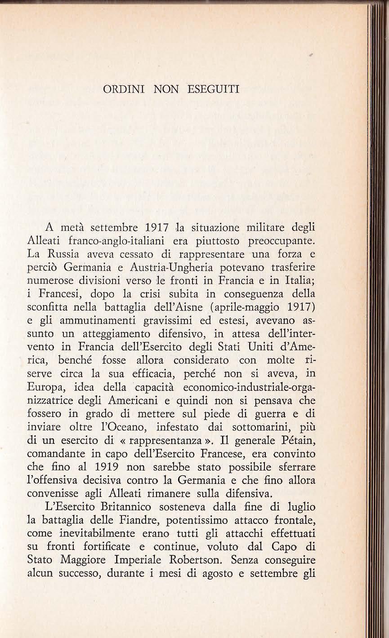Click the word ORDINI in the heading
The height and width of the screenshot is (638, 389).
coord(118,89)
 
